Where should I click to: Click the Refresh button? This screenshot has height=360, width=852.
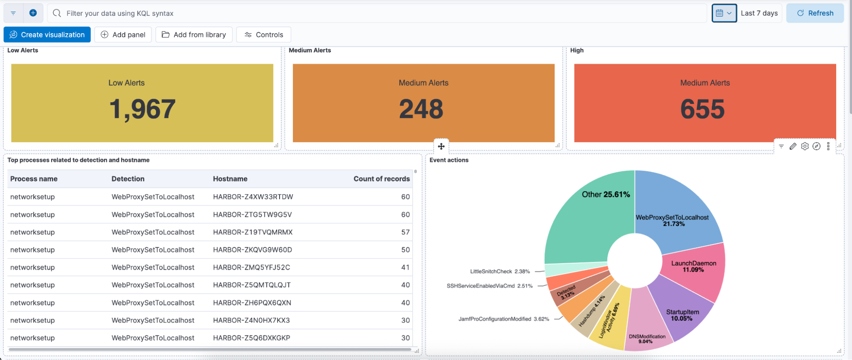[814, 13]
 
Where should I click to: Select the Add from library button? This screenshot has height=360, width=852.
[194, 35]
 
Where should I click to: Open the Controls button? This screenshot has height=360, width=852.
[263, 35]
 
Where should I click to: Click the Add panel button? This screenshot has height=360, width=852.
[123, 35]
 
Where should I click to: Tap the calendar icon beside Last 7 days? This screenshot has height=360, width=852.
[719, 13]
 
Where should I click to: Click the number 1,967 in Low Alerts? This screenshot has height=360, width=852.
[142, 109]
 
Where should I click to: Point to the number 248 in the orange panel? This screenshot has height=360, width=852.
[421, 109]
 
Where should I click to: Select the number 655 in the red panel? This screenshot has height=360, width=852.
[702, 109]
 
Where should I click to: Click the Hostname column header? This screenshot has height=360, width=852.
[230, 179]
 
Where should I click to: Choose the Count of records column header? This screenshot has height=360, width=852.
[381, 179]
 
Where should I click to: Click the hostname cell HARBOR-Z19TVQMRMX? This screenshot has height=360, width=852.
[253, 232]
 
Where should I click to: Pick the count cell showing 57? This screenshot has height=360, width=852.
[405, 232]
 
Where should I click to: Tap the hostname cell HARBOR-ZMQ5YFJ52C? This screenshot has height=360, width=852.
[251, 268]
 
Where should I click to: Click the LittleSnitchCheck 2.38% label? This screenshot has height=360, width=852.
[500, 271]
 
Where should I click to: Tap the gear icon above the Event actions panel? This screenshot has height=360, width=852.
[805, 146]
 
